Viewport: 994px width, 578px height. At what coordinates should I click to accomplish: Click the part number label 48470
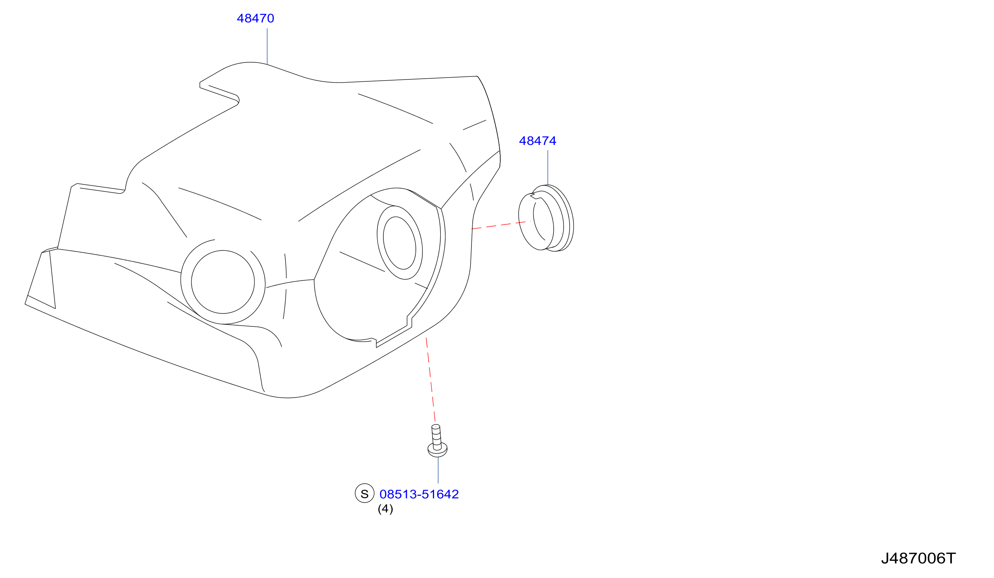pos(255,18)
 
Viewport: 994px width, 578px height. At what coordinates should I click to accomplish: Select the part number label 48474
pos(537,141)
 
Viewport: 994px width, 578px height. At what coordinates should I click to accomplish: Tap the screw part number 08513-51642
pos(419,494)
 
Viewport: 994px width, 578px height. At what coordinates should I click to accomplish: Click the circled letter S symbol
pos(364,493)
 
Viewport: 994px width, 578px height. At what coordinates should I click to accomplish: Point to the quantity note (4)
pos(385,509)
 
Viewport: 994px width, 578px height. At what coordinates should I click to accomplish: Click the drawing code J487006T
pos(918,558)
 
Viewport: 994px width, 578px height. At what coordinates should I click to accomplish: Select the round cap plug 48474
pos(546,218)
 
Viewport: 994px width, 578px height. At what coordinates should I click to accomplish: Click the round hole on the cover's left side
pos(223,282)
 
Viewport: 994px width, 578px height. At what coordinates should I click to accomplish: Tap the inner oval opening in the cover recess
pos(399,243)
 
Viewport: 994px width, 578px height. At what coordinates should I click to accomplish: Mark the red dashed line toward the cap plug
pos(499,225)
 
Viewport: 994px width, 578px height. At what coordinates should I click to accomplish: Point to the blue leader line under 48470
pos(267,46)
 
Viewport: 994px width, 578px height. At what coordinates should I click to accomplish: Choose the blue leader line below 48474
pos(547,167)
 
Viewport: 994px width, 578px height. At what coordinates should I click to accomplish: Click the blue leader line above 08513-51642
pos(438,471)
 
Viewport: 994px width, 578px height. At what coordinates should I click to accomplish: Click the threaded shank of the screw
pos(437,437)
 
